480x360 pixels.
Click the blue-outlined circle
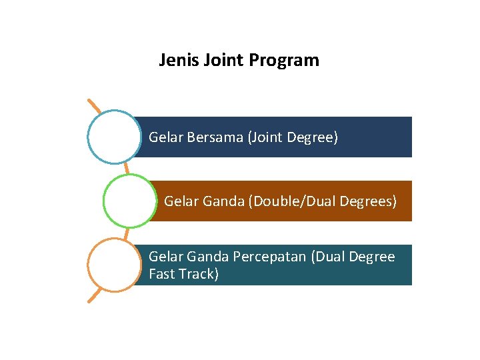pyautogui.click(x=115, y=137)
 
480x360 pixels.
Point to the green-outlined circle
pyautogui.click(x=130, y=200)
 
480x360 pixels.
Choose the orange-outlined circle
pyautogui.click(x=115, y=265)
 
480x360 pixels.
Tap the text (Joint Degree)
pyautogui.click(x=293, y=137)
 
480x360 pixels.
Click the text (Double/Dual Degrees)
pyautogui.click(x=323, y=201)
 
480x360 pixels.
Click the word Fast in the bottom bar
pyautogui.click(x=162, y=273)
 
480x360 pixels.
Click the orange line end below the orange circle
pyautogui.click(x=91, y=300)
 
